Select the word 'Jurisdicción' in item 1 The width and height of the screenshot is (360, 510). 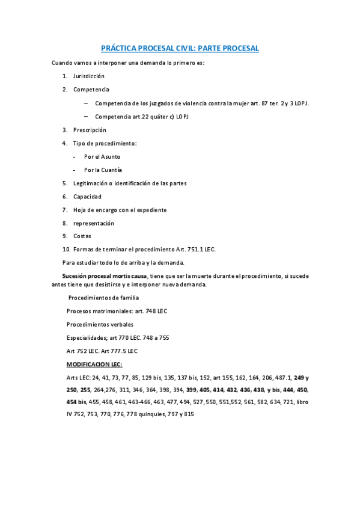point(89,76)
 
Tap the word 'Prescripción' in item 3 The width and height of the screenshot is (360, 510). point(90,130)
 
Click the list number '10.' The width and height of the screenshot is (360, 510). point(66,249)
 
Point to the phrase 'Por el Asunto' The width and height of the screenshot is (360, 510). point(102,156)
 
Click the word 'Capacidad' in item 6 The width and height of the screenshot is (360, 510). point(87,197)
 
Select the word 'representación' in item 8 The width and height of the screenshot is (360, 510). point(94,223)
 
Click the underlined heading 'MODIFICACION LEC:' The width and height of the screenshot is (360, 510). point(94,364)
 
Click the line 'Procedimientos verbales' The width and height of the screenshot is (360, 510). point(100,324)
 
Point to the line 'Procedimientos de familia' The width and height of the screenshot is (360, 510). point(103,298)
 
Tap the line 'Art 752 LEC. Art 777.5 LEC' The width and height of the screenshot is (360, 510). point(102,351)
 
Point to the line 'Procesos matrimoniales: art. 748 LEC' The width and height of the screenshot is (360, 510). point(117,311)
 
